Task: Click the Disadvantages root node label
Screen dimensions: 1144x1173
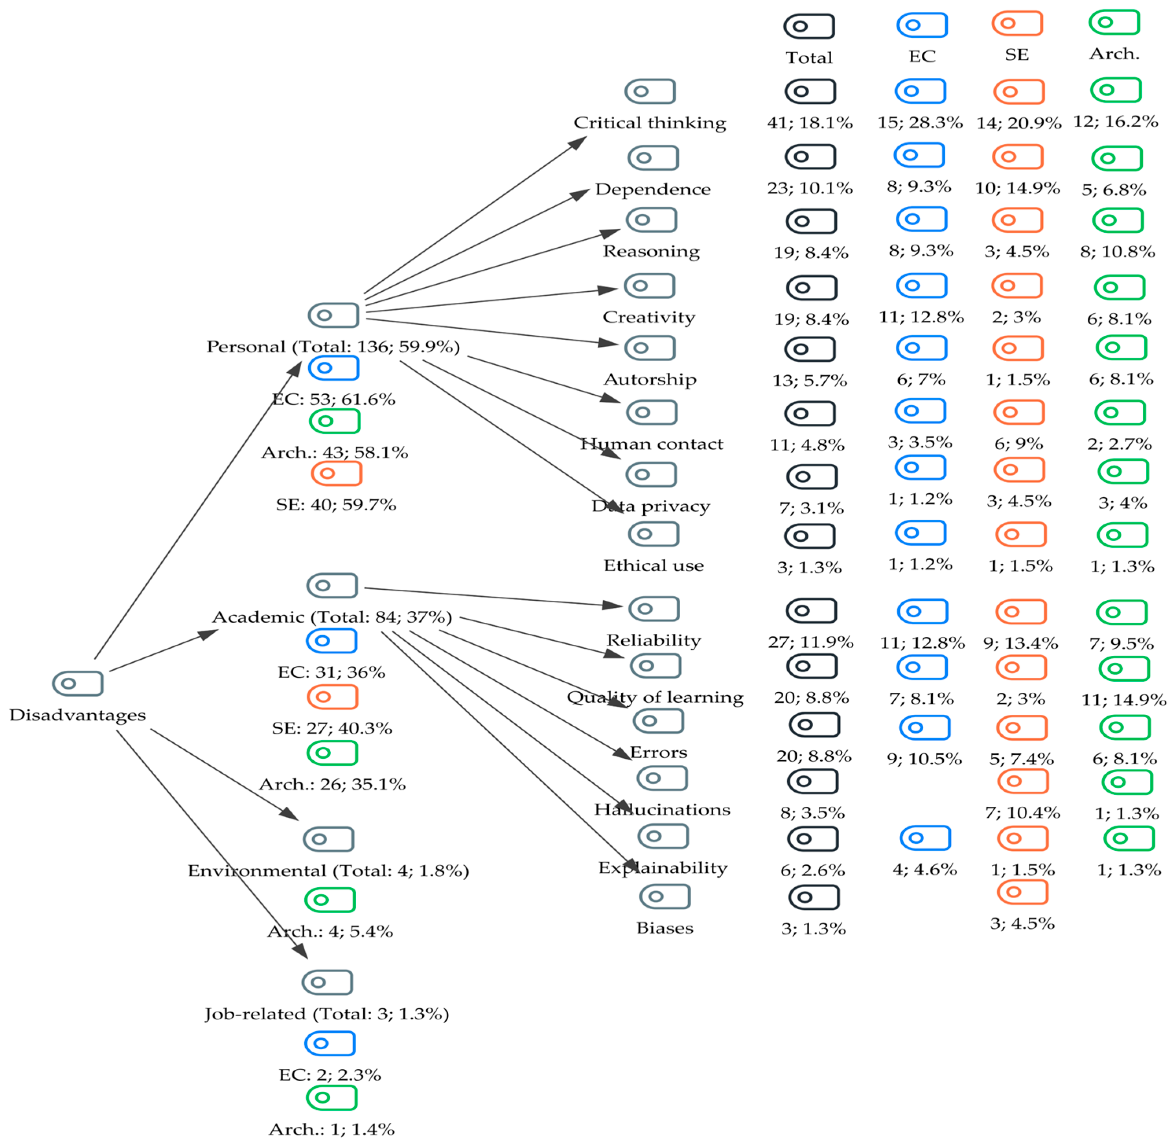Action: coord(77,715)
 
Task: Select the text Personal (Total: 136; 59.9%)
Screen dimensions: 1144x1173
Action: coord(333,347)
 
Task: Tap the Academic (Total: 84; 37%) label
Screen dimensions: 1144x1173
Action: coord(332,617)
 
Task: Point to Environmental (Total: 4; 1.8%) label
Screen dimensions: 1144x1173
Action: coord(328,871)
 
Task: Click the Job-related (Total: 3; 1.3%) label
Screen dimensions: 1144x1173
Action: coord(327,1014)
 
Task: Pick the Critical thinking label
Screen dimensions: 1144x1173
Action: coord(650,123)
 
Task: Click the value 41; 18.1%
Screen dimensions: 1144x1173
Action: coord(809,123)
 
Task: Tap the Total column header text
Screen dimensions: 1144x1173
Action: coord(809,58)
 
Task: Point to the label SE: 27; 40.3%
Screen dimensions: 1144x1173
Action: coord(332,728)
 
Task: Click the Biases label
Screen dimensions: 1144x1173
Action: coord(665,928)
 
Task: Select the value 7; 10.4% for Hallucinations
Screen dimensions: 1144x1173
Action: coord(1022,813)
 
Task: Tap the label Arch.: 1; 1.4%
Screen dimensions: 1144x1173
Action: coord(332,1129)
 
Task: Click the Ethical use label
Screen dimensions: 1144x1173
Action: coord(653,565)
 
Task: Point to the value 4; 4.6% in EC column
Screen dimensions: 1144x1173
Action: coord(924,870)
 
